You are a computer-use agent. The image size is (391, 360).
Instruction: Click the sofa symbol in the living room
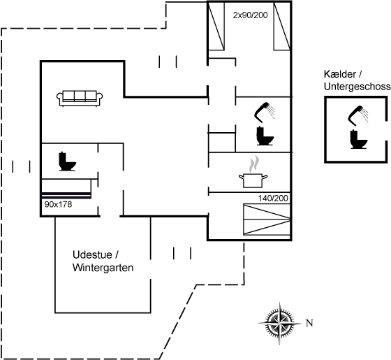pos(80,99)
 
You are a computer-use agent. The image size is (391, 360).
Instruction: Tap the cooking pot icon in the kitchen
pos(253,172)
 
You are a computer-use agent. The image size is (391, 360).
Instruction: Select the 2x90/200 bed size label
pos(250,15)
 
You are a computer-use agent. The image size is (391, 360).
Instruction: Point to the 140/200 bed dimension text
pos(273,199)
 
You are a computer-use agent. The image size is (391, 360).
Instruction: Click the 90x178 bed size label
pos(58,204)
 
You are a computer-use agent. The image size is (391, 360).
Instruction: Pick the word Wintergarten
pos(103,268)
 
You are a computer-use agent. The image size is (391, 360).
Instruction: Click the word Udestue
pos(92,255)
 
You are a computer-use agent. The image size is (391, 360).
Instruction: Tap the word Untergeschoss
pos(357,87)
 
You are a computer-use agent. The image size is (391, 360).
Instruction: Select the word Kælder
pos(340,74)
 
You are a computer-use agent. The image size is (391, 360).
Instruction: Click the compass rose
pos(279,323)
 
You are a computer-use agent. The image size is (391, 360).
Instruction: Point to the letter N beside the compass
pos(309,323)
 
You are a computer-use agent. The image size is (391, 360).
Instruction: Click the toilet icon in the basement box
pos(359,139)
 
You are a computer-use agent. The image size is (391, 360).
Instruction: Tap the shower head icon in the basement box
pos(357,115)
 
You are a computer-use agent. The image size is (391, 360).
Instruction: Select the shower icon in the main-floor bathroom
pos(265,112)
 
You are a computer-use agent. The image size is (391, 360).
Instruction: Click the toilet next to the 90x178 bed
pos(67,161)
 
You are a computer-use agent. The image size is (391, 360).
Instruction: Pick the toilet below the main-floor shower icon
pos(265,136)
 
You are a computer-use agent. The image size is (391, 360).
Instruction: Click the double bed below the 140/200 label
pos(267,219)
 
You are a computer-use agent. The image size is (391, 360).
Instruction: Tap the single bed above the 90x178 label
pos(66,189)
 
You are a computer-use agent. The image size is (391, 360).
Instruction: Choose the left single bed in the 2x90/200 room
pos(216,27)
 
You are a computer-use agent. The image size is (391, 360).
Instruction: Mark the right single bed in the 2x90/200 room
pos(282,27)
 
